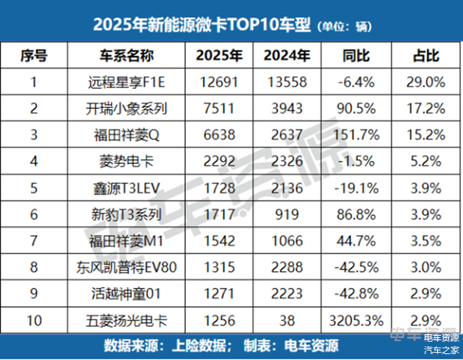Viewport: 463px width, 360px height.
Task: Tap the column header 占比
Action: [x=426, y=56]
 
